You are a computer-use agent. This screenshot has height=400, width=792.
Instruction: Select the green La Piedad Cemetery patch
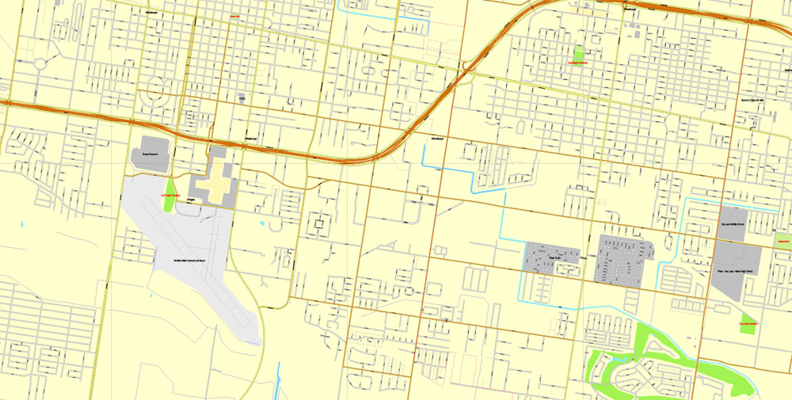coord(168,198)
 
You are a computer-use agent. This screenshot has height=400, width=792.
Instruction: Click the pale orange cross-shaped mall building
coord(215,181)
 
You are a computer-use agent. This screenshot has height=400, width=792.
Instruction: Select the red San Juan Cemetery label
coord(748,323)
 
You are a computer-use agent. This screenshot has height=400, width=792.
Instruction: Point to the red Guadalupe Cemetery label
coord(579,62)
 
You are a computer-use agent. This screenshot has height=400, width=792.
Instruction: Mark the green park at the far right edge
coord(783,241)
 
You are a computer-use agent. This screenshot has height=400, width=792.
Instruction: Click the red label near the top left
coord(234,15)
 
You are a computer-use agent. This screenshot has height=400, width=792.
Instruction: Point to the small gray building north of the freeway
coord(242,97)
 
